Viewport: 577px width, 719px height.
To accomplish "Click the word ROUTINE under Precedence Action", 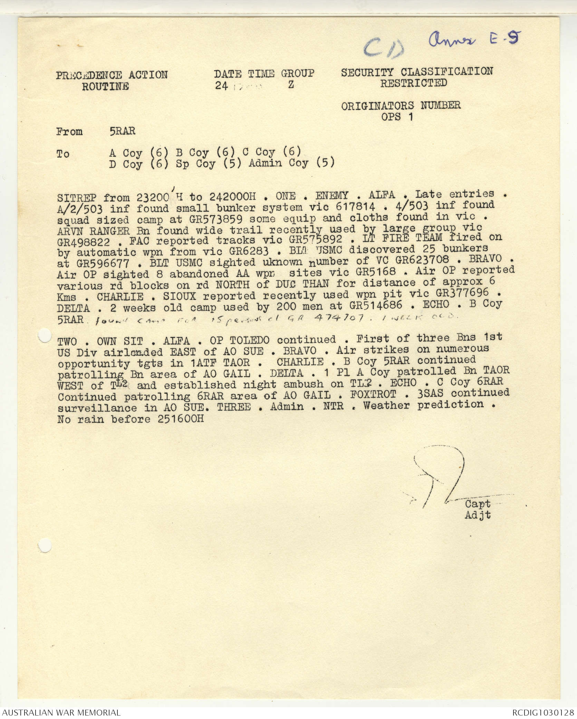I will (105, 86).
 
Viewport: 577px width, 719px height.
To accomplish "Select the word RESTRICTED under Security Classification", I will (413, 83).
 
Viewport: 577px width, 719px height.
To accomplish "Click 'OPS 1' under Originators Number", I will (397, 117).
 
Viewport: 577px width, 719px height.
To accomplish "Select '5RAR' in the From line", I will (122, 131).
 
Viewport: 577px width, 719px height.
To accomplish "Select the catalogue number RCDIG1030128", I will (542, 712).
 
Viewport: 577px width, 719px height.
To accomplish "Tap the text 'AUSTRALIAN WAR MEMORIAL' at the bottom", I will (61, 712).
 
